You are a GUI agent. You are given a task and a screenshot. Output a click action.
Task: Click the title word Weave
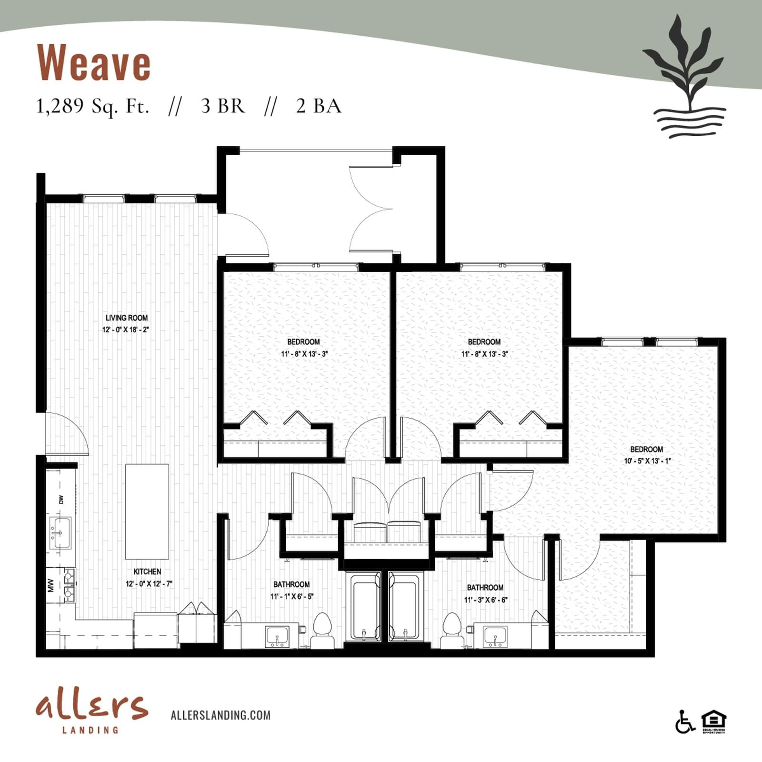click(94, 63)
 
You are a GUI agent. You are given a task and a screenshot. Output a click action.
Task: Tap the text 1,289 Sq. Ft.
click(93, 106)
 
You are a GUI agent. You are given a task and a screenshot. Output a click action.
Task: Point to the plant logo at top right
click(684, 76)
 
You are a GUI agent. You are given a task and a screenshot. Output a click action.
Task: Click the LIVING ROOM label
click(127, 318)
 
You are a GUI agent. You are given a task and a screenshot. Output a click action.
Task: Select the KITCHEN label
click(147, 571)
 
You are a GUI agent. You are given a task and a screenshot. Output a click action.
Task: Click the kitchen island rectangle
click(147, 511)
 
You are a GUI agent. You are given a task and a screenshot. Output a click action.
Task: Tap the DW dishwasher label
click(61, 500)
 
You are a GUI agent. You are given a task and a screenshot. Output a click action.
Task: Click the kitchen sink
click(60, 533)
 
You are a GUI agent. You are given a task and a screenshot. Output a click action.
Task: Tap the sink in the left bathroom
click(277, 637)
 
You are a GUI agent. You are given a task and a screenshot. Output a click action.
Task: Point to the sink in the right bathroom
click(495, 637)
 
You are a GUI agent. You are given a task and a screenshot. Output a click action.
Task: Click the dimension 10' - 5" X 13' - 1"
click(647, 461)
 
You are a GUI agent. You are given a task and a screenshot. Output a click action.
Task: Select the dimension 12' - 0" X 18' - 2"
click(126, 330)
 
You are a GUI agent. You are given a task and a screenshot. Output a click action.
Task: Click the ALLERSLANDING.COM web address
click(221, 715)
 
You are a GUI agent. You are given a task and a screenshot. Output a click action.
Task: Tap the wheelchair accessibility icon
click(685, 722)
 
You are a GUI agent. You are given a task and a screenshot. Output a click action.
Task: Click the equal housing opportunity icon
click(714, 722)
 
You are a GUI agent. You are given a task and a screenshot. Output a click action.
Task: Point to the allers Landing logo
click(91, 713)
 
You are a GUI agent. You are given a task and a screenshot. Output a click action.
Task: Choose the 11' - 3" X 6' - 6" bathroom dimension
click(486, 600)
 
